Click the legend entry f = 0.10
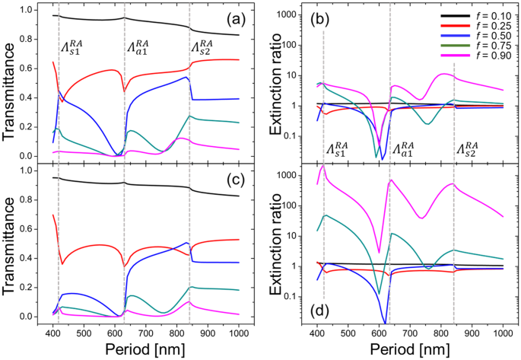point(476,14)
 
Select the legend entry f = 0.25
point(476,25)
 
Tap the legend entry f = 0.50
point(476,35)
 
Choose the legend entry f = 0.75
point(476,45)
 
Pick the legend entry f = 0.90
point(476,56)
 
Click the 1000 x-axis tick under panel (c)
point(238,333)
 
